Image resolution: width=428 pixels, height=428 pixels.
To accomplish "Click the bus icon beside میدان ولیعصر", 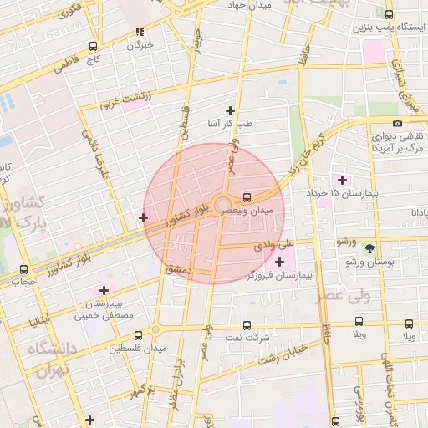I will pos(247,198).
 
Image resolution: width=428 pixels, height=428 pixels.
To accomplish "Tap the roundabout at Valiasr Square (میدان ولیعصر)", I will pos(222,204).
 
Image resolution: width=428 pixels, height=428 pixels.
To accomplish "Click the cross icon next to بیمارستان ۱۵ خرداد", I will pos(341,180).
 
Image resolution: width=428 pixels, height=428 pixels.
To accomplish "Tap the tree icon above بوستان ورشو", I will pos(369,248).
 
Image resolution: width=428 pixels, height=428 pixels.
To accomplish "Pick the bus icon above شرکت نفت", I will pos(247,324).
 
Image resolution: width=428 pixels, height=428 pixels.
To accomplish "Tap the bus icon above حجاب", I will pos(23,270).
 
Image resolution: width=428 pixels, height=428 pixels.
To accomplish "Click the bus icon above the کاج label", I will pos(92,47).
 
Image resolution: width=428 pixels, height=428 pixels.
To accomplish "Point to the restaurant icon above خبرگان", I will pos(140,33).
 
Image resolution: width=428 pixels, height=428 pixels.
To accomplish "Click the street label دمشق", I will pos(180,269).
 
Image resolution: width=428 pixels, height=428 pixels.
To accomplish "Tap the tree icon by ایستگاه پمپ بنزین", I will pos(390,14).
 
